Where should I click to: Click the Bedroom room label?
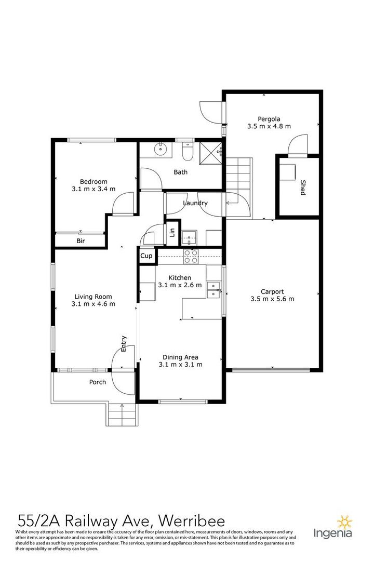pos(94,181)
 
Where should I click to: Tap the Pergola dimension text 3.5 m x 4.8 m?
pos(269,126)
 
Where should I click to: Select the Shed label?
pos(303,188)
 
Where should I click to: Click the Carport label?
pos(272,292)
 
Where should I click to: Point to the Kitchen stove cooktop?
pos(191,257)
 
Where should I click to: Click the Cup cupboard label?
pos(146,256)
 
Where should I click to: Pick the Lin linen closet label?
pos(172,233)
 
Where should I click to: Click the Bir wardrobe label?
pos(81,241)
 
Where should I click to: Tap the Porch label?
pos(97,382)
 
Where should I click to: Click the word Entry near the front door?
pos(124,344)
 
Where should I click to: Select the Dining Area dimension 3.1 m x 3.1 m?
pos(180,365)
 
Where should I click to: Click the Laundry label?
pos(195,203)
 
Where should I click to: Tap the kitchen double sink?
pos(213,290)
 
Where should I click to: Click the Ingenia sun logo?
pos(345,523)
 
